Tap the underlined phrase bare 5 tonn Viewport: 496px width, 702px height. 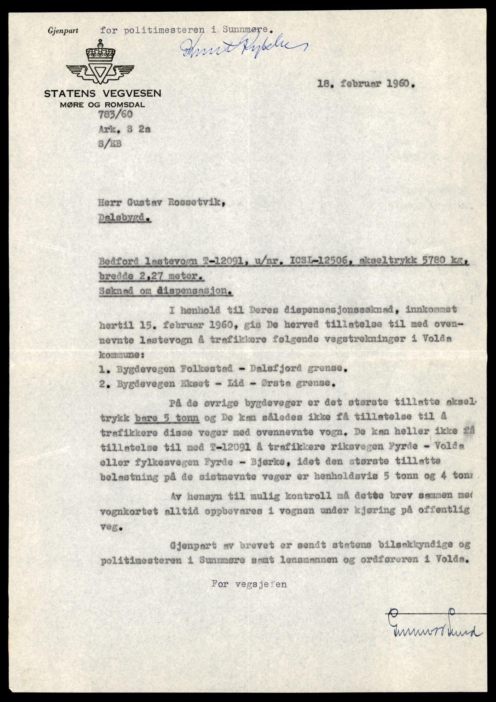click(167, 418)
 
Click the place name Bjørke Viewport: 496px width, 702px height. click(265, 462)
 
